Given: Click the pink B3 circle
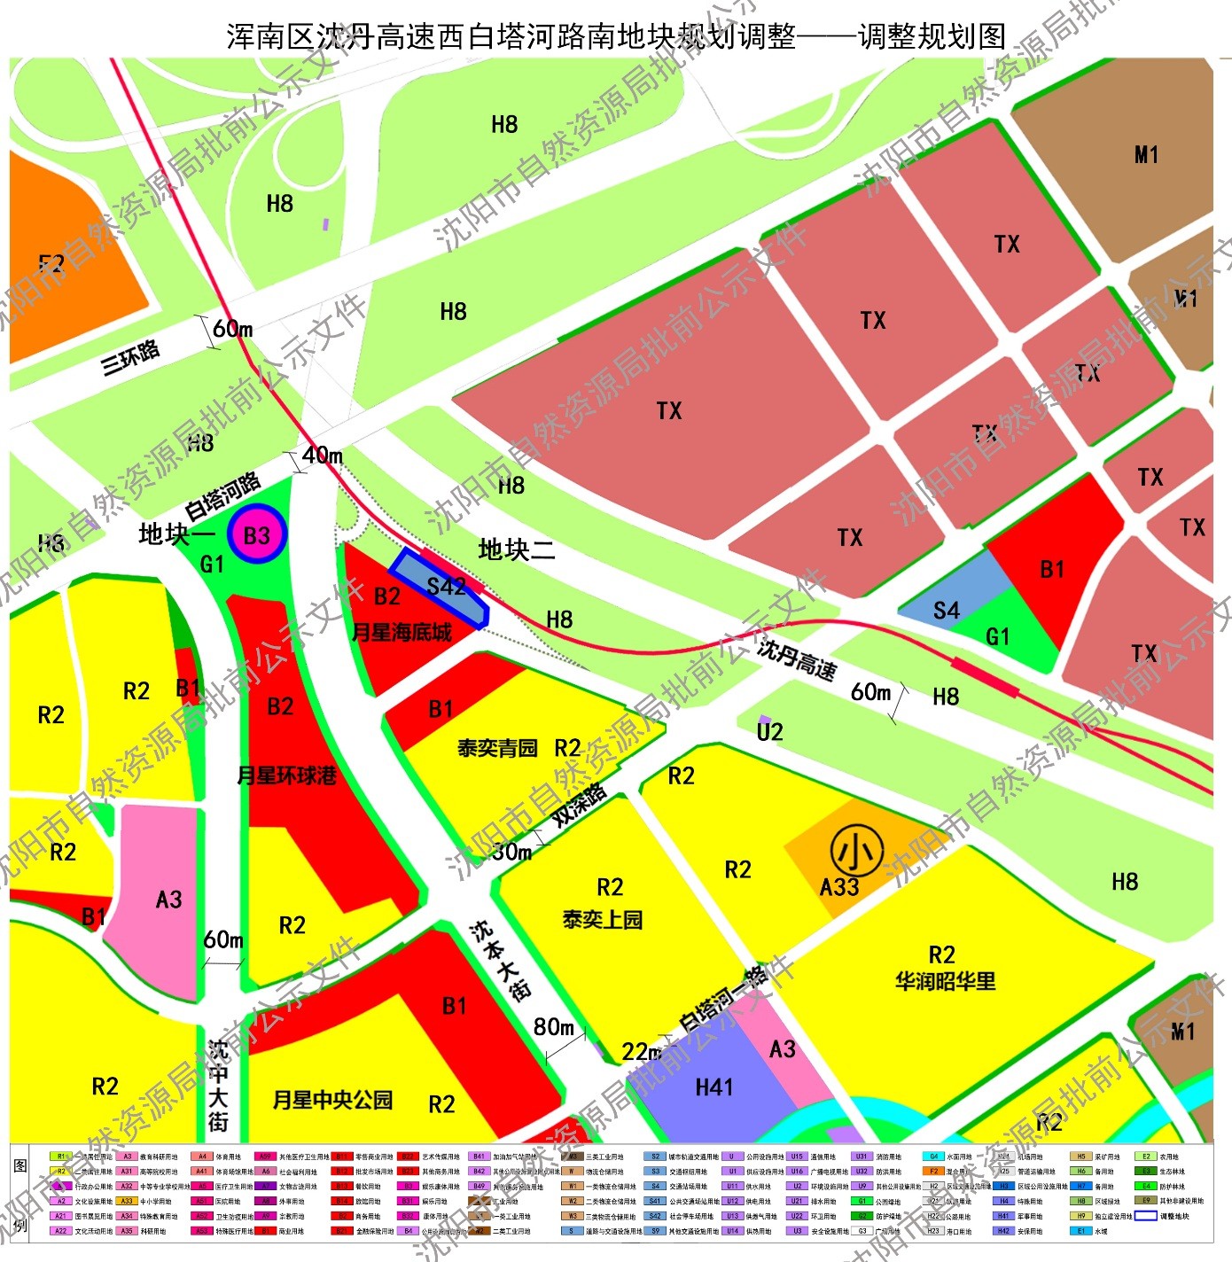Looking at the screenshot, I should [x=256, y=535].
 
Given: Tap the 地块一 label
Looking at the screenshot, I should [x=176, y=534].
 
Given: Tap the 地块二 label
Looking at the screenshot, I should [x=516, y=550].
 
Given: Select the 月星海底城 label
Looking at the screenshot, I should [x=402, y=633].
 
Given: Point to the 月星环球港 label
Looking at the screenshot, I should [x=286, y=776].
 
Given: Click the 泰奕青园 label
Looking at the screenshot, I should [x=497, y=748].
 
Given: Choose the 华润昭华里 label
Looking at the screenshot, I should [x=945, y=981].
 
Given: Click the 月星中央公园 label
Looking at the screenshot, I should [x=332, y=1100].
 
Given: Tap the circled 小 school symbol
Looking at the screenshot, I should [x=856, y=852].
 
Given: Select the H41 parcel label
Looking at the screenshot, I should [x=714, y=1087].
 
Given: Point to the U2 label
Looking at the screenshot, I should [x=769, y=732].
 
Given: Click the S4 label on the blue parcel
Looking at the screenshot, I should [x=946, y=611].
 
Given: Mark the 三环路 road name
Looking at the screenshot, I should [x=130, y=356].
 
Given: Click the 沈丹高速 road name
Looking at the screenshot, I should [x=796, y=659].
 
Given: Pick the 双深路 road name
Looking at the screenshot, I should [x=580, y=805].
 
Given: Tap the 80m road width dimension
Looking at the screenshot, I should [x=554, y=1027].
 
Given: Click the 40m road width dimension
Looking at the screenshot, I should [x=322, y=456].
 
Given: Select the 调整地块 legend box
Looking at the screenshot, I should [x=1146, y=1216].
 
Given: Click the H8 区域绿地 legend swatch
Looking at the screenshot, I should [x=1080, y=1201].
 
